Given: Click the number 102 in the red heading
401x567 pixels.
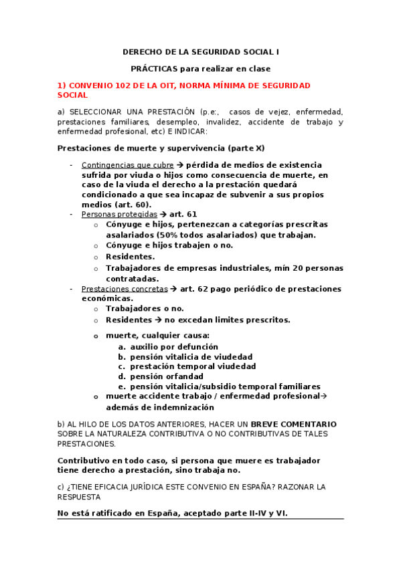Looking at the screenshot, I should pos(115,86).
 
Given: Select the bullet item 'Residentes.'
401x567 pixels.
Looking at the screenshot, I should pos(130,256).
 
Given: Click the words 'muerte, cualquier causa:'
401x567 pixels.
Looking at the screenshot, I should pos(157,335).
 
